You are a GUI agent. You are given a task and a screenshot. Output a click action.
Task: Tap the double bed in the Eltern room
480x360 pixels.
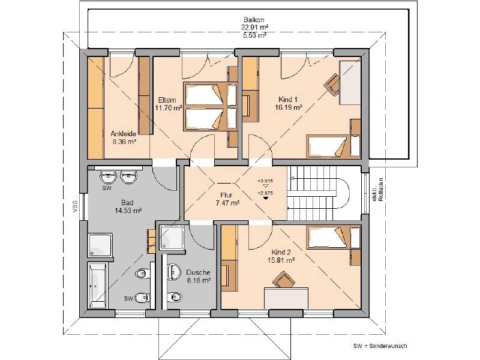point(206,105)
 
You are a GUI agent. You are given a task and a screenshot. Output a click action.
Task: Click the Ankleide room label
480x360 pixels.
point(123,134)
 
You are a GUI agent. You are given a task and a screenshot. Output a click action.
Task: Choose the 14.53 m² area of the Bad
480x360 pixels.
point(128,211)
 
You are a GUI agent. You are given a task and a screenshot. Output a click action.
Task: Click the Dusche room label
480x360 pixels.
point(197,272)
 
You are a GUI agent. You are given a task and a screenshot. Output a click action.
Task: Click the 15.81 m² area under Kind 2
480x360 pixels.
point(281,260)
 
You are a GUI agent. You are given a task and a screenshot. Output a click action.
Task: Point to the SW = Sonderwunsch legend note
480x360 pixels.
point(380,346)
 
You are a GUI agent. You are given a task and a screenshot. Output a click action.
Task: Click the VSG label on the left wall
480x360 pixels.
point(75,206)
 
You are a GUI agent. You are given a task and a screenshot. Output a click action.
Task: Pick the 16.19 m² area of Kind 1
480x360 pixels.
point(289,107)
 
